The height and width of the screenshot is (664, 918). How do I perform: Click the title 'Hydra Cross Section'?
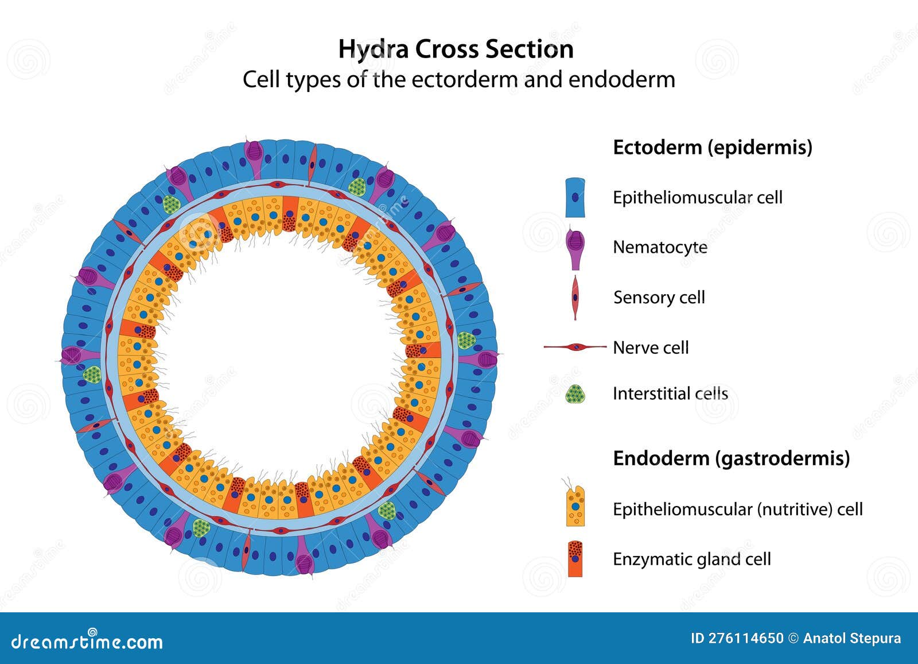[x=456, y=49]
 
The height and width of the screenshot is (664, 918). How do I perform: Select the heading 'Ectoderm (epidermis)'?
[x=712, y=147]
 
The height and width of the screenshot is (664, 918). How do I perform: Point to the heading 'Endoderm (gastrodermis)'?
[x=731, y=458]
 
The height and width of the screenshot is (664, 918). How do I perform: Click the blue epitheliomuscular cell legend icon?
[x=575, y=198]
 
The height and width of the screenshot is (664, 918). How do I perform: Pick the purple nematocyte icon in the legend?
[x=575, y=247]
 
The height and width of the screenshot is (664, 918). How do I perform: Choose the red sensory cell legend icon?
[x=575, y=297]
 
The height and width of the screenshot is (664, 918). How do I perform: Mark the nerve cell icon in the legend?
[x=575, y=347]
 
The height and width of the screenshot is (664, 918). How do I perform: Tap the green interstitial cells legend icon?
[x=575, y=394]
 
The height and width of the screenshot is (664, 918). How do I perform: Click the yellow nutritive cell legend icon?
[x=575, y=506]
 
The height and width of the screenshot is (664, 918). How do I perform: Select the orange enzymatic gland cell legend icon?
[x=575, y=559]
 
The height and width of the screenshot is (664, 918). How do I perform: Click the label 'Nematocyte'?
[x=660, y=247]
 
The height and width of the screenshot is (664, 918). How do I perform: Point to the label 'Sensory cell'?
[x=659, y=297]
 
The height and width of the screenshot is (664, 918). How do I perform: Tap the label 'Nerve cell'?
[x=651, y=348]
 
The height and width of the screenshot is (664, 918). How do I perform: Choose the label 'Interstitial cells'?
[x=670, y=393]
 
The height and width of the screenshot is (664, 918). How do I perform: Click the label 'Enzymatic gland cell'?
[x=691, y=559]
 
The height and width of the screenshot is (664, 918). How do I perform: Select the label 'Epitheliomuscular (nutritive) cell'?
[x=737, y=509]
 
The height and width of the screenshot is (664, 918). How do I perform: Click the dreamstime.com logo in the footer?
[x=87, y=641]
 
